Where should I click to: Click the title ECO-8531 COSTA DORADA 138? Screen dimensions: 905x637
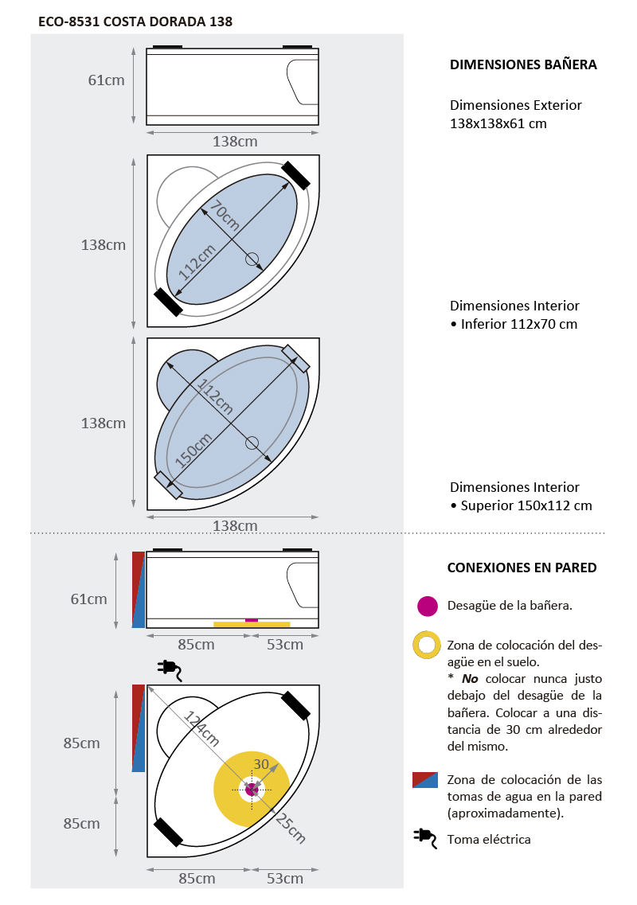(135, 21)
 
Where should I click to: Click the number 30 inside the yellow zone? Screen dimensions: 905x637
(261, 764)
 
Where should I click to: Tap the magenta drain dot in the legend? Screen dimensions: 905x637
(428, 606)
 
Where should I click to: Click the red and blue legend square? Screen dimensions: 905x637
(425, 780)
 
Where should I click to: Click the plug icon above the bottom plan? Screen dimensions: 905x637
(170, 669)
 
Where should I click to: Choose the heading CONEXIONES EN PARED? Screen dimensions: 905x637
(522, 568)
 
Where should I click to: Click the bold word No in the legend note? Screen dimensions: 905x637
(470, 679)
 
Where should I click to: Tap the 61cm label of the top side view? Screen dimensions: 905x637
(106, 80)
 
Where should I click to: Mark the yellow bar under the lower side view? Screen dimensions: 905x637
(251, 625)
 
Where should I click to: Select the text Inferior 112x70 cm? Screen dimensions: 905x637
(518, 324)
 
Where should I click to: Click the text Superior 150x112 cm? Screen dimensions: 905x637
(526, 505)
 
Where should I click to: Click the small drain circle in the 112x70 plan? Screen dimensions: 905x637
(252, 258)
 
